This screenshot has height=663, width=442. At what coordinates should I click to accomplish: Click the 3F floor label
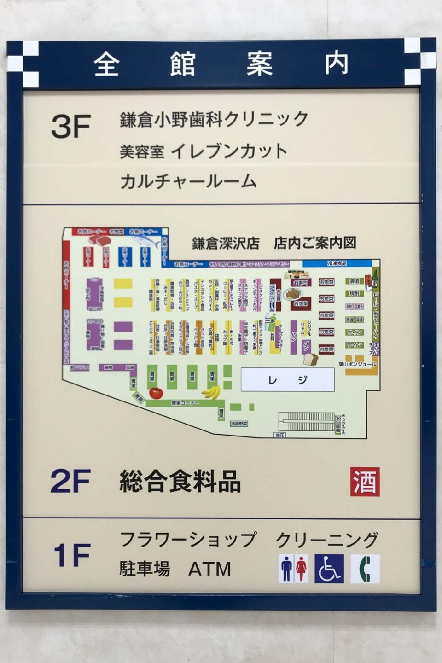70,126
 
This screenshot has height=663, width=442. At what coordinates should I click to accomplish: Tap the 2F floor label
70,481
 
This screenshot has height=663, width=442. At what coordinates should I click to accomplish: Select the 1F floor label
71,555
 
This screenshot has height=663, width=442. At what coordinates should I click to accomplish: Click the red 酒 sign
365,482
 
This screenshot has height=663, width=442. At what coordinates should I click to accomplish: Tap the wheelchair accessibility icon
329,569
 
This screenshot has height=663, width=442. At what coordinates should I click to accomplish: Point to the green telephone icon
365,569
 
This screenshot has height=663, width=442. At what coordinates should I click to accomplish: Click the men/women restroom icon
294,569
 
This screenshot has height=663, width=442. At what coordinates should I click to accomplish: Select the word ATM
209,569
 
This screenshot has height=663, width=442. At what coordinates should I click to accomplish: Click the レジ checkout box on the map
287,380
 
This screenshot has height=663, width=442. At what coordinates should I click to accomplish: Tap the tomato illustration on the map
156,393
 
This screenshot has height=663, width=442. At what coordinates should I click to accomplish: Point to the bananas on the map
211,392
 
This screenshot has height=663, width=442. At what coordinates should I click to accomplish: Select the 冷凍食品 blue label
337,263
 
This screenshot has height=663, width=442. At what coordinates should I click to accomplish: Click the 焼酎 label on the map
354,293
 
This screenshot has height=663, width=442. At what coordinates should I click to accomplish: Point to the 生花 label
280,435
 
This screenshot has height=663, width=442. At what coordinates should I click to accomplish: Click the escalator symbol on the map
306,421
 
